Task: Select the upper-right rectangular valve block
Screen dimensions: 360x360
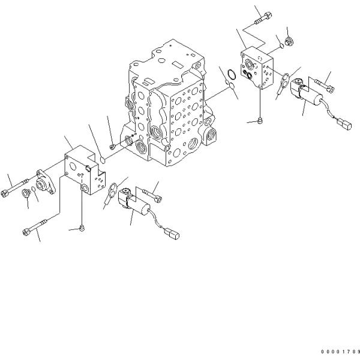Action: [x=257, y=68]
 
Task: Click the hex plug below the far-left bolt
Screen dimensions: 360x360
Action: [x=27, y=194]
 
